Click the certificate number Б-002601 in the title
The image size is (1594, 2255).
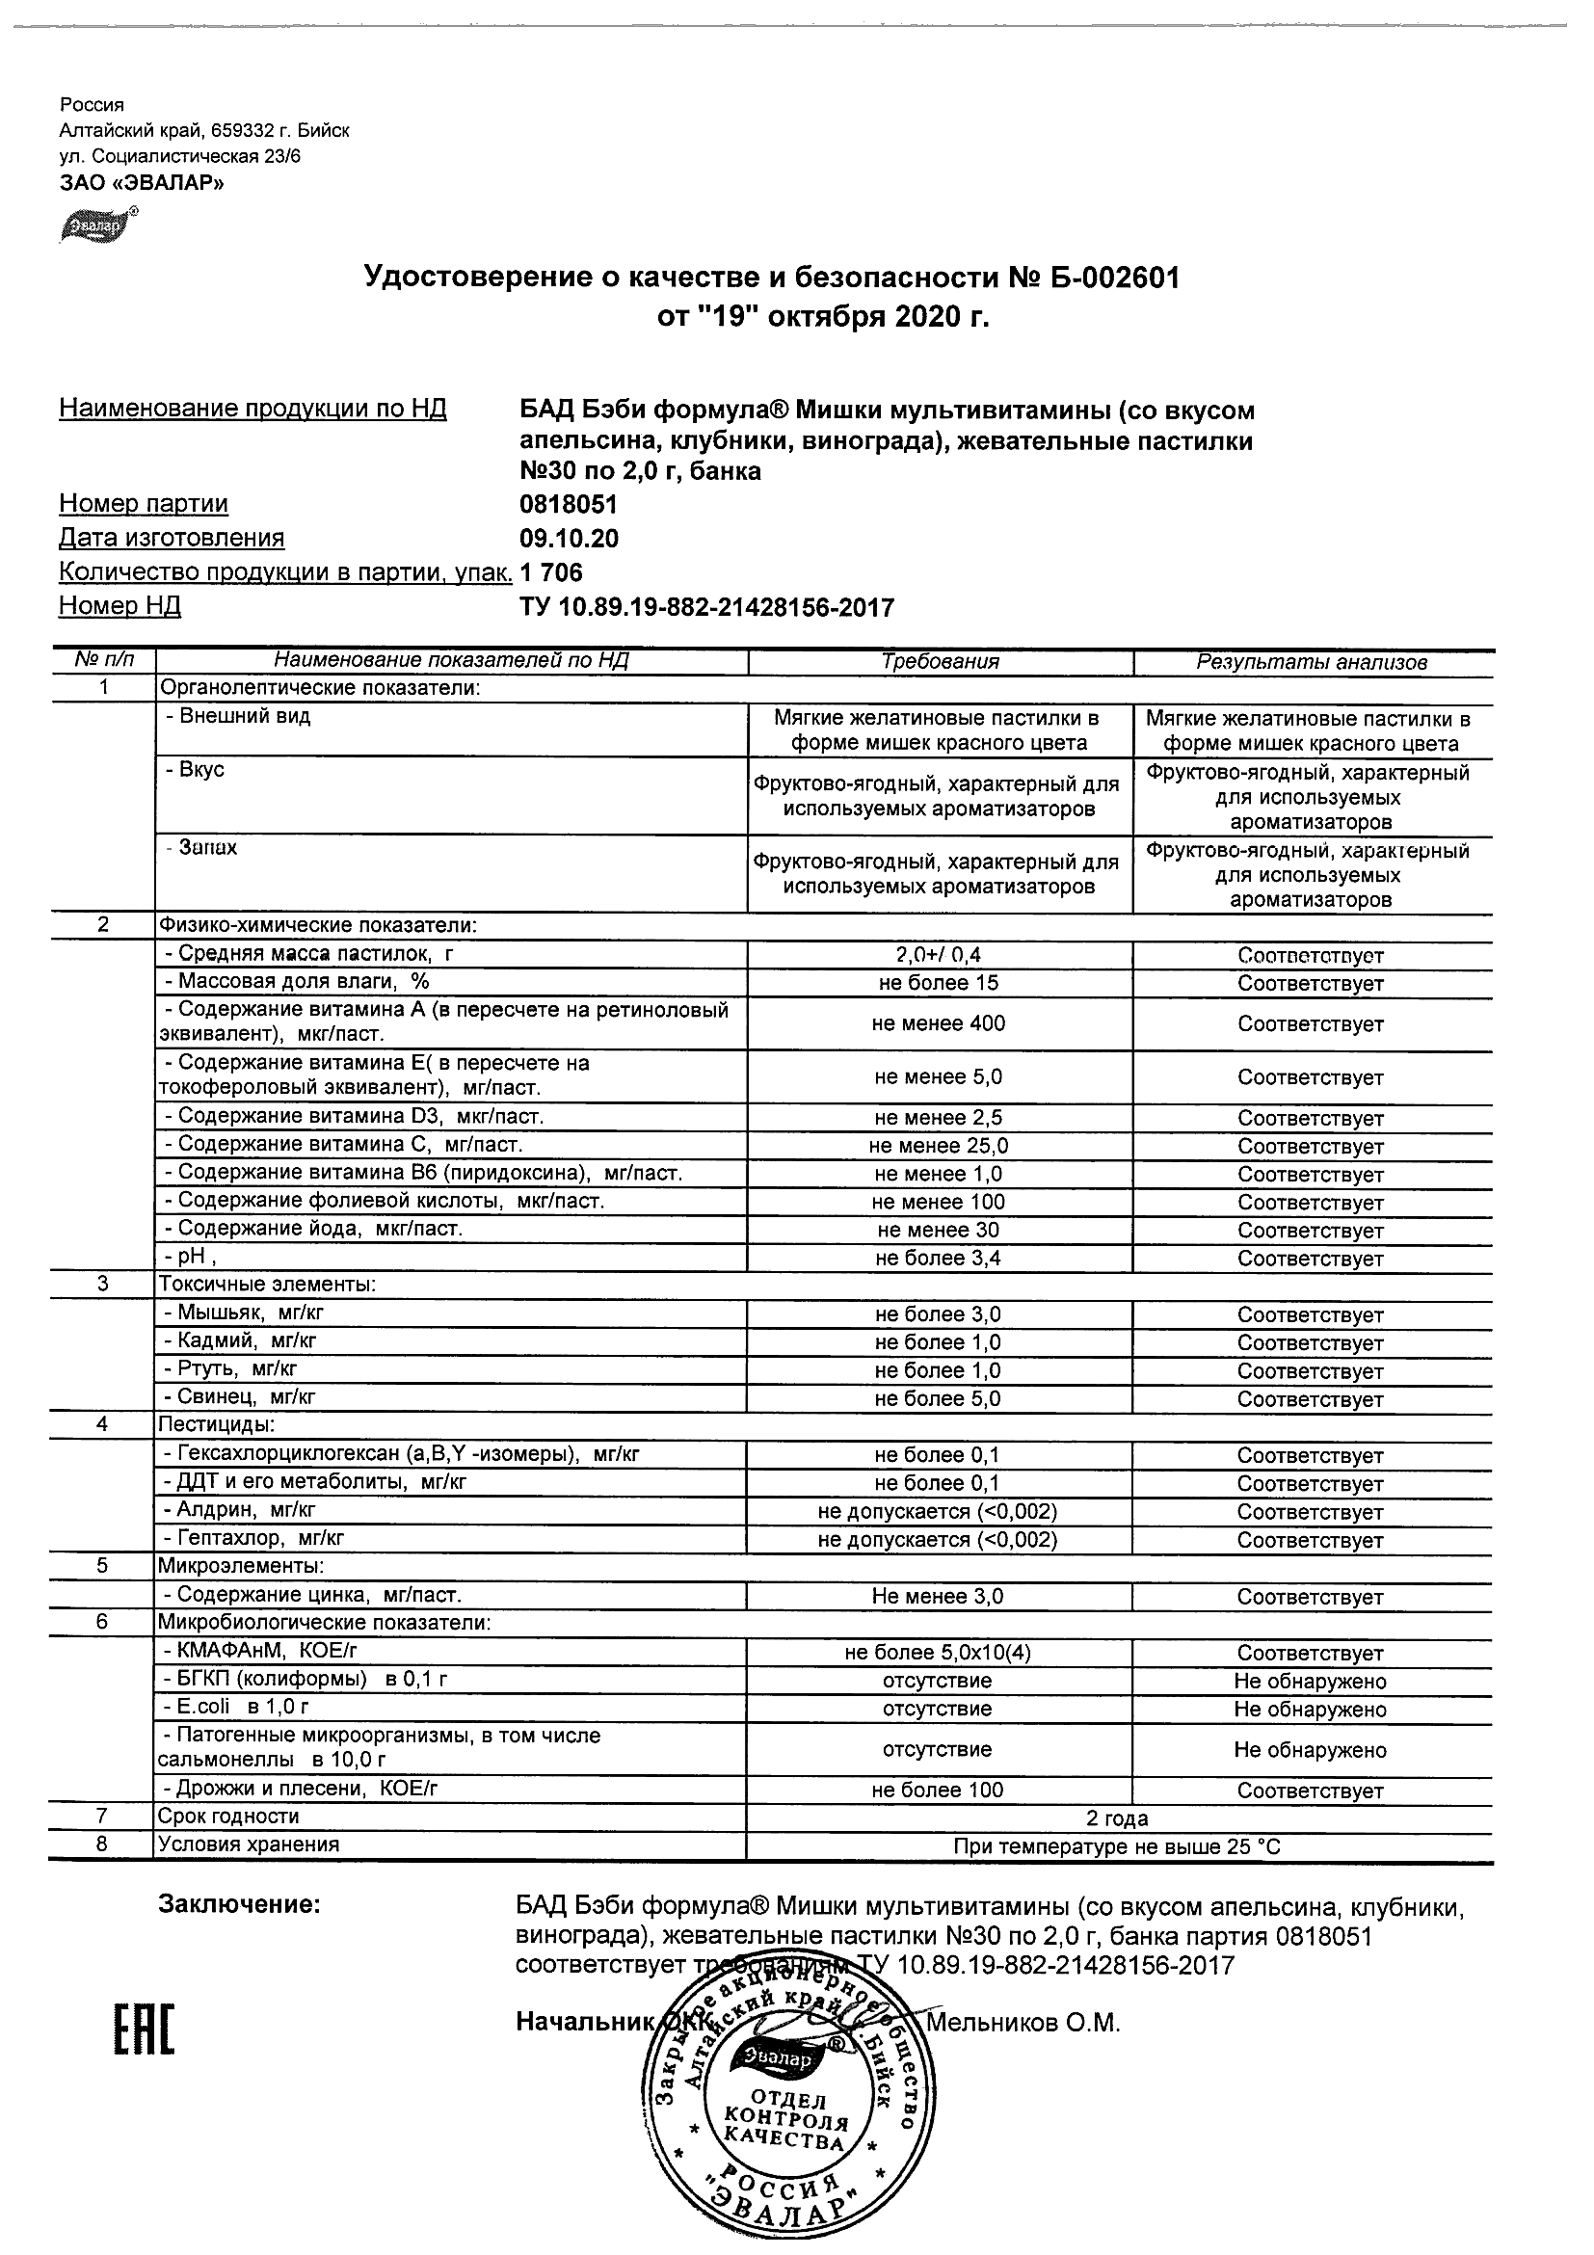[1109, 279]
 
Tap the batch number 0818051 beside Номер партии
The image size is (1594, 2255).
[569, 505]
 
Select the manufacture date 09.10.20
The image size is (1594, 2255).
[569, 540]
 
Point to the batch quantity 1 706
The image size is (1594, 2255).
[551, 572]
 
